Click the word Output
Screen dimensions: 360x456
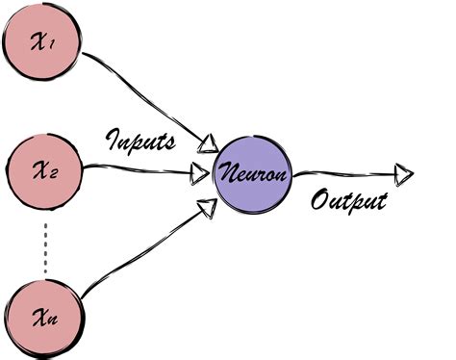click(348, 201)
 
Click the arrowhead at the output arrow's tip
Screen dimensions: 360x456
click(404, 174)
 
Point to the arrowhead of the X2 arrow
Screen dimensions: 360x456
click(201, 173)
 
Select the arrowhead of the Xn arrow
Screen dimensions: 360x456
click(205, 205)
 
